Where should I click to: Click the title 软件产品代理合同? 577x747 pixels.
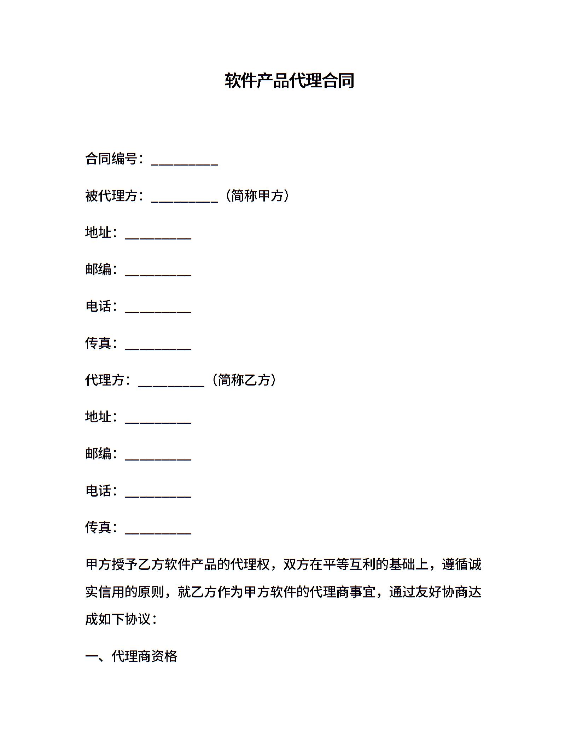(x=289, y=81)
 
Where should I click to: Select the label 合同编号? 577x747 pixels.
(x=111, y=159)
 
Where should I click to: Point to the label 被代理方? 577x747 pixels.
(x=111, y=196)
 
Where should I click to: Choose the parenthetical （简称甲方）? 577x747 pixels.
(x=257, y=196)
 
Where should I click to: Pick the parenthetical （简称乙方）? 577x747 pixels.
(x=244, y=380)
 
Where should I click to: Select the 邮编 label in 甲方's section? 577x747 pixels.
(x=98, y=269)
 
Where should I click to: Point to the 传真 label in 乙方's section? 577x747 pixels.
(x=98, y=527)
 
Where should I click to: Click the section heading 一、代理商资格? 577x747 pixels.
(x=131, y=656)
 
